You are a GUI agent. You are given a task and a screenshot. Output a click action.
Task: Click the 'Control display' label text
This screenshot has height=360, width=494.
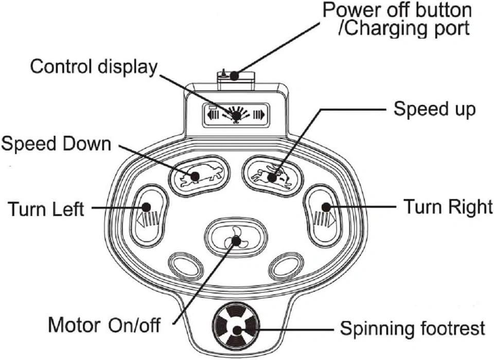(93, 67)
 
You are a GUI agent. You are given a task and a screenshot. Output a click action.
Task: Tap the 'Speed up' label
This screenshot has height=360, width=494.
(434, 109)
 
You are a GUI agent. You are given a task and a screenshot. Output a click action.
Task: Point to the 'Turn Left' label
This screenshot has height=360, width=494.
(46, 209)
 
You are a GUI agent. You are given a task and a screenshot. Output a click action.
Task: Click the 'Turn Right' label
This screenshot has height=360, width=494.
(447, 207)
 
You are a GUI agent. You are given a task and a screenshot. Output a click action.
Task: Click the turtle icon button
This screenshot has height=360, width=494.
(199, 176)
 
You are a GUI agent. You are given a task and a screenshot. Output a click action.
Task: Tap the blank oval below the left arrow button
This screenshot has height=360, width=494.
(184, 265)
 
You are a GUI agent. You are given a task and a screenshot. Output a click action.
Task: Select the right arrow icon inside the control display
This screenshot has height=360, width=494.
(259, 114)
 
